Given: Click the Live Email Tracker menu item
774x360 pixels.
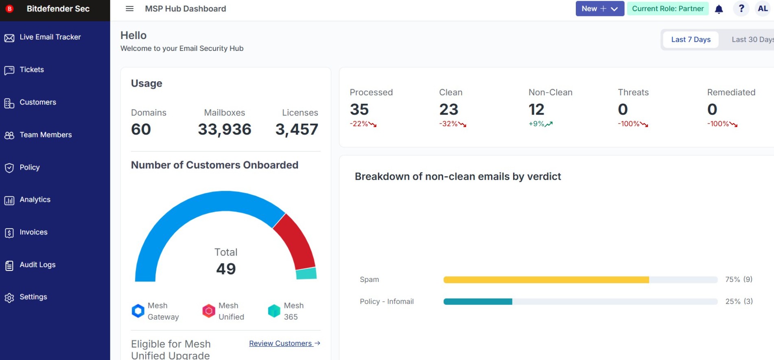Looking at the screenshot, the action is click(x=42, y=37).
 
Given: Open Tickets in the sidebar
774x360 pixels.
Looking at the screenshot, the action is click(x=24, y=70).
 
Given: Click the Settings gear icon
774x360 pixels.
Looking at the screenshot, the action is click(x=9, y=298).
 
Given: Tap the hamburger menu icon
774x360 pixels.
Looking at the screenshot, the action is click(x=130, y=9).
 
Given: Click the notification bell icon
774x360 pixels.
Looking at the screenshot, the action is click(x=719, y=9).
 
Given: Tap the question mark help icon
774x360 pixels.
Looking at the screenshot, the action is click(x=741, y=9).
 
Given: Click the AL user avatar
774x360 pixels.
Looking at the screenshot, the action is click(x=763, y=9).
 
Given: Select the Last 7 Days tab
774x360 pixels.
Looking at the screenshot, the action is click(x=691, y=39).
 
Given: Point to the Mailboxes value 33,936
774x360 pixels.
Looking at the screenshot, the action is click(x=225, y=129).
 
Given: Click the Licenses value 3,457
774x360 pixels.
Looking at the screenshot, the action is click(x=297, y=129).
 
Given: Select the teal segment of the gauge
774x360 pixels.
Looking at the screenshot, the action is click(x=306, y=273).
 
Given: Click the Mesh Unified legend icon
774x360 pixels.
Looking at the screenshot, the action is click(x=209, y=311).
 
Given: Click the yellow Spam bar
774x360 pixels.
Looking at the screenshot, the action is click(x=546, y=280).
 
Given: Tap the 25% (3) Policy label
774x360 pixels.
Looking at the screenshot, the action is click(x=739, y=301).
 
